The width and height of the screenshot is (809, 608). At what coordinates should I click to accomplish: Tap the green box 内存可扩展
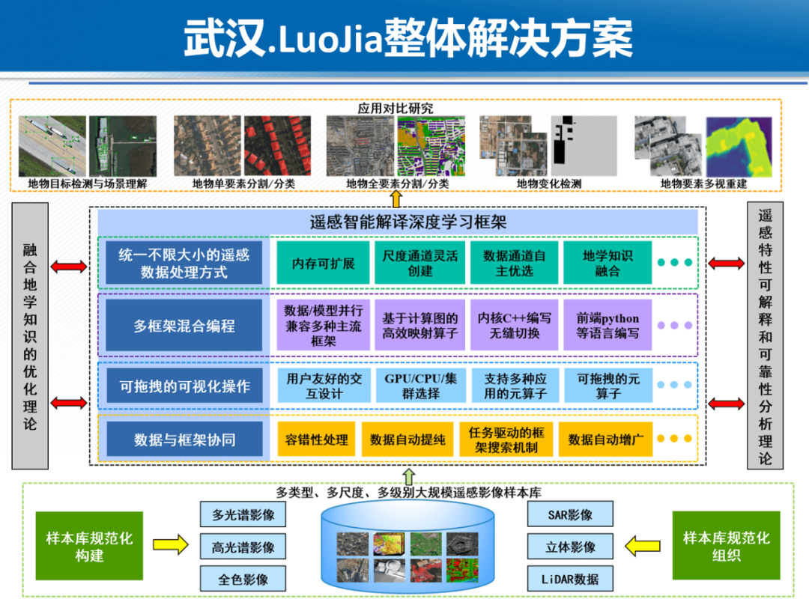[x=323, y=263]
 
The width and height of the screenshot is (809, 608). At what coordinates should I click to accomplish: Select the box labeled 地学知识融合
[x=607, y=263]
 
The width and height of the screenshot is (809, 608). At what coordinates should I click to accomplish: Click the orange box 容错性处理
[x=316, y=440]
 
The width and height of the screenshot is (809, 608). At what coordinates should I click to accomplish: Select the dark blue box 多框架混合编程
[x=184, y=326]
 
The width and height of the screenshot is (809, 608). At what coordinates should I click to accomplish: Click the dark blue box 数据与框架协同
[x=184, y=440]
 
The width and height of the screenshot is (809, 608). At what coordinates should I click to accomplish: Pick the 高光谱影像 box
[x=243, y=547]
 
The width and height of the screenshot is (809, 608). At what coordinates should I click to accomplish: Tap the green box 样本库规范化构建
[x=89, y=547]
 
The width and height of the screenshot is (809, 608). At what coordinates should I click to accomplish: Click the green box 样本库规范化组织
[x=726, y=547]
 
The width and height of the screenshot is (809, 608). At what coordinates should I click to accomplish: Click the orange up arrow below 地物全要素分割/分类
[x=396, y=198]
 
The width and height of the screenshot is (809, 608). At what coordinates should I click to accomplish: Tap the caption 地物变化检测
[x=548, y=183]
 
